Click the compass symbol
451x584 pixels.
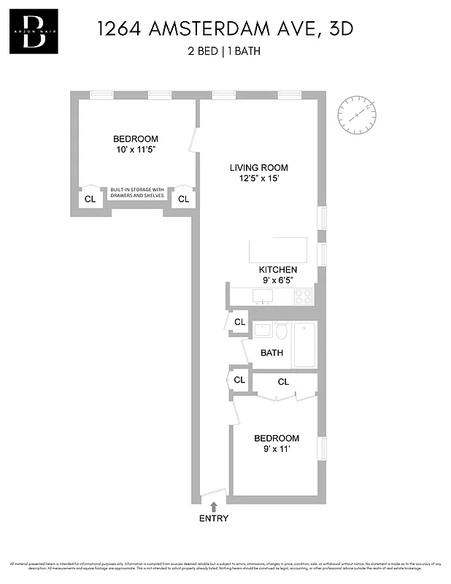358,115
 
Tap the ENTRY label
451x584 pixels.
214,519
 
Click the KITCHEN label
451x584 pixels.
278,269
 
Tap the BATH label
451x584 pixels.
272,353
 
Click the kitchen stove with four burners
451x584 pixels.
303,296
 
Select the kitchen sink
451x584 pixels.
263,296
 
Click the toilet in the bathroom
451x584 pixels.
280,331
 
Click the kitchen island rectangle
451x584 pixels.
278,250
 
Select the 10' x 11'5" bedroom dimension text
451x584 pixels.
135,150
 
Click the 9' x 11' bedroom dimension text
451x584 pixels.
277,449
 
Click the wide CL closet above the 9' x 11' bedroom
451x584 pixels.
283,382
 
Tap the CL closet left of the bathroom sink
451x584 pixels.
239,321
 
